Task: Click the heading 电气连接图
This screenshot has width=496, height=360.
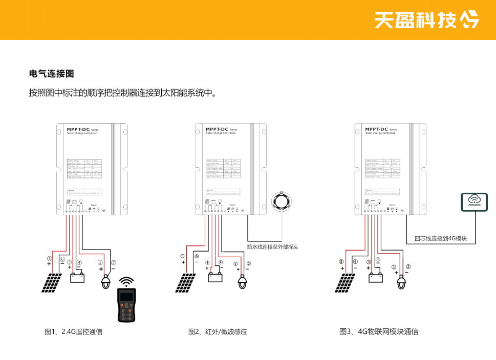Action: tap(52, 74)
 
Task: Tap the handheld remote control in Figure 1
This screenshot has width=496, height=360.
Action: tap(126, 305)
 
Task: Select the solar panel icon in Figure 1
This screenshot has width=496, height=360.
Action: tap(53, 282)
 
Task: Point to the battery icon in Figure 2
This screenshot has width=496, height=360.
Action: tap(215, 277)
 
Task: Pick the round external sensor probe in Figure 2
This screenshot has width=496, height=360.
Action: tap(282, 200)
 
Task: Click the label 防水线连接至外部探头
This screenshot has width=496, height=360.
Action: tap(272, 247)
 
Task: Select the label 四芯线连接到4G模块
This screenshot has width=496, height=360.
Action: tap(441, 238)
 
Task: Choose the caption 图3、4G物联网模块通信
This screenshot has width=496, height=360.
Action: tap(379, 332)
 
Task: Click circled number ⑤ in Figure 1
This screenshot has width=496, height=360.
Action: tap(49, 259)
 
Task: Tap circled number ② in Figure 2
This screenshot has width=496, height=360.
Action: tap(249, 264)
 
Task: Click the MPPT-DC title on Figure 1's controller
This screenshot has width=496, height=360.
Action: tap(77, 130)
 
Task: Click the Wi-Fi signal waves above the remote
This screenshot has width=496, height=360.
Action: tap(126, 282)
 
